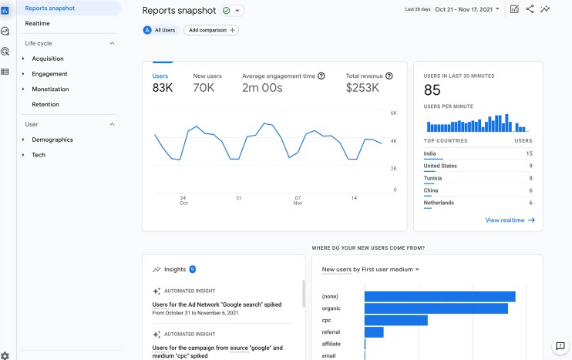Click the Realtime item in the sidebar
coord(37,23)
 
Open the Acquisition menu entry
coord(48,59)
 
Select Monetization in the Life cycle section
coord(50,89)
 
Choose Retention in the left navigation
coord(45,104)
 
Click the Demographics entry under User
coord(52,140)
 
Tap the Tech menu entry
coord(39,155)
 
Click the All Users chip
coord(160,30)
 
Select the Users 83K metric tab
coord(162,82)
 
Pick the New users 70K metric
coord(207,82)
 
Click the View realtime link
coord(510,220)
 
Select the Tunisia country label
coord(435,178)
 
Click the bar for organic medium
coord(436,308)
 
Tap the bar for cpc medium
coord(395,320)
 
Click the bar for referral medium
coord(374,332)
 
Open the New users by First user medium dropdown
coord(371,270)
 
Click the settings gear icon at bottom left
coord(5,355)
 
